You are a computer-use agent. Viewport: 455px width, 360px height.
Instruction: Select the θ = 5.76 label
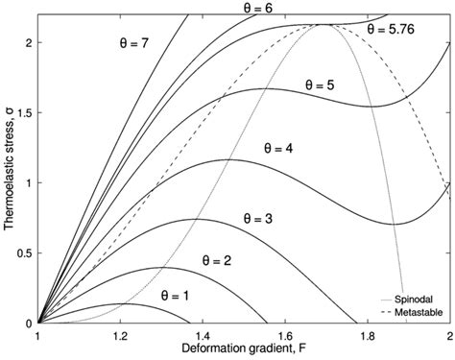396,30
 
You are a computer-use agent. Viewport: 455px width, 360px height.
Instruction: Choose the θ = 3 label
252,219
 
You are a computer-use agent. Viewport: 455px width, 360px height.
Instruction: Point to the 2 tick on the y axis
28,42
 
